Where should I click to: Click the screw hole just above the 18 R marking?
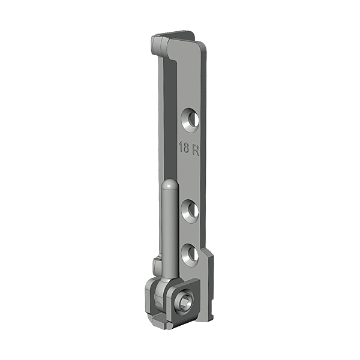point(191,119)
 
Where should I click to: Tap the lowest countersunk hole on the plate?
point(191,254)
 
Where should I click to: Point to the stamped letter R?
point(196,150)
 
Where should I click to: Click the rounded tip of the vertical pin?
point(170,184)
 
